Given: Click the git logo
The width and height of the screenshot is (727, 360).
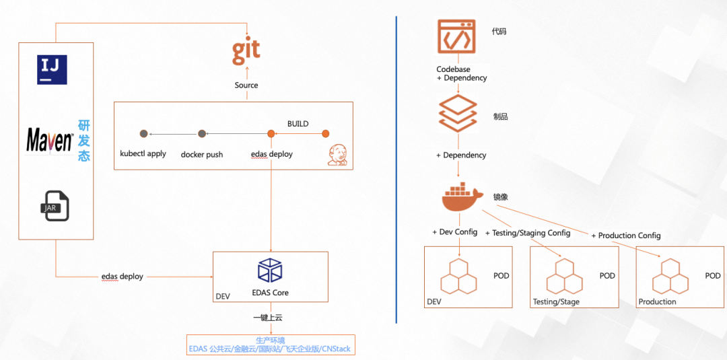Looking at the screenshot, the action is [x=246, y=52].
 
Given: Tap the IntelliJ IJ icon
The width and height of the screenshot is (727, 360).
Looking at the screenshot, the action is [x=52, y=69].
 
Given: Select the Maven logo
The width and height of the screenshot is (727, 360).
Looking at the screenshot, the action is [x=50, y=139].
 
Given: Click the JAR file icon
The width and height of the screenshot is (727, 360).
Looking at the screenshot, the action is [x=55, y=206].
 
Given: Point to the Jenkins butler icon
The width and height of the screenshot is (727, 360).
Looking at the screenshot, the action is [x=338, y=154].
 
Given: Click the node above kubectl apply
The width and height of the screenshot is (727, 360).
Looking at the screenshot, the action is [x=144, y=134].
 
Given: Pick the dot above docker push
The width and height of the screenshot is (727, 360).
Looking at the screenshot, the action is [x=202, y=134].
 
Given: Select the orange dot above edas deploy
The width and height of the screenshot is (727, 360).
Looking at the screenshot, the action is [x=271, y=134].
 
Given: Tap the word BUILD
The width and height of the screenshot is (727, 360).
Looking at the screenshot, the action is [x=298, y=124].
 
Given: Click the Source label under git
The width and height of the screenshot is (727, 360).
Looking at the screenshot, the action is [x=246, y=85].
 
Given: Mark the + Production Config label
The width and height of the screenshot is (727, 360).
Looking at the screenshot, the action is [x=626, y=236].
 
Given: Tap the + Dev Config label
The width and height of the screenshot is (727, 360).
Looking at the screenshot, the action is [x=454, y=232].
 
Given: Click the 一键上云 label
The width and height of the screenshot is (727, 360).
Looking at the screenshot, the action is [x=268, y=318].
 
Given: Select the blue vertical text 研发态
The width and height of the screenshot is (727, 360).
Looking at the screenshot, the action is [x=84, y=141].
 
